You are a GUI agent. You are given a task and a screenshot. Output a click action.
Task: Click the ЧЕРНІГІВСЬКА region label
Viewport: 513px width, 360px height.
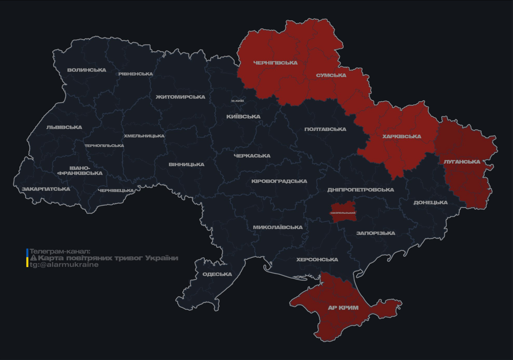click(x=275, y=63)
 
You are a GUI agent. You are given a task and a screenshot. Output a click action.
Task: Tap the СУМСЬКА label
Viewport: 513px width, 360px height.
click(x=331, y=75)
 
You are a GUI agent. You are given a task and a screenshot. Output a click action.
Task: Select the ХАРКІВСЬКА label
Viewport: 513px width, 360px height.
click(x=401, y=136)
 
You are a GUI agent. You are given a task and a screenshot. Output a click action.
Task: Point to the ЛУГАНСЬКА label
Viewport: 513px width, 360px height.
click(x=462, y=162)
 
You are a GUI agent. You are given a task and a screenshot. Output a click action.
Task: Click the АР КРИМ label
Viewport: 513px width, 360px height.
click(x=343, y=308)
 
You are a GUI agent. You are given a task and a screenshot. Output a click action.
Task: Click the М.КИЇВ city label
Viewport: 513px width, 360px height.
click(x=237, y=101)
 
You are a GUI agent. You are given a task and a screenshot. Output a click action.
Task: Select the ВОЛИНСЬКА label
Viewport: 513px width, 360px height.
click(x=87, y=70)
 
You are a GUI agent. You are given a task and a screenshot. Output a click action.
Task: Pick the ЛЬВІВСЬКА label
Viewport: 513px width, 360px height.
click(x=64, y=127)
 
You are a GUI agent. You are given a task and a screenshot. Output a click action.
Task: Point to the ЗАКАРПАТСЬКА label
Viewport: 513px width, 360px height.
click(x=46, y=189)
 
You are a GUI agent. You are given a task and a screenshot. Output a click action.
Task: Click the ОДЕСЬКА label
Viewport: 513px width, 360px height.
click(x=217, y=274)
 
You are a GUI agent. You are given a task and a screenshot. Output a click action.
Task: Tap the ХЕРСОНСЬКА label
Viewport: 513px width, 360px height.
click(x=317, y=260)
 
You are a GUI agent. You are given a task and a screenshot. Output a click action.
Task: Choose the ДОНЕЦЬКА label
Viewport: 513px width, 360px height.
click(x=430, y=202)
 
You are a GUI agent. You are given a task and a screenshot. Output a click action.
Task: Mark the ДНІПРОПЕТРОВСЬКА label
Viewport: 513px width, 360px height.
click(x=361, y=190)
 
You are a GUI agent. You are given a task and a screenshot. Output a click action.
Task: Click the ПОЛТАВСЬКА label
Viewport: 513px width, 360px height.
click(x=325, y=129)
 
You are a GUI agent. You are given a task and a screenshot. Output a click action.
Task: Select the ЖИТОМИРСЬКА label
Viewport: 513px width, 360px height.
click(x=181, y=97)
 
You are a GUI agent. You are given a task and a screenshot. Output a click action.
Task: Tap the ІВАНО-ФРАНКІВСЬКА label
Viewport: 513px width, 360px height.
click(x=80, y=171)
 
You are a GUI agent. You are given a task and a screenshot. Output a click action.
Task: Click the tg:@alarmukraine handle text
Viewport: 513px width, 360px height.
click(x=64, y=265)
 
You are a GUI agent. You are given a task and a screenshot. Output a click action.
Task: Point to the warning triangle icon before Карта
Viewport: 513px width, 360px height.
click(x=33, y=258)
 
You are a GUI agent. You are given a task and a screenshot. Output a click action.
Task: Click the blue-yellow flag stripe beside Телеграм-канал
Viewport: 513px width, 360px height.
click(x=27, y=258)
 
